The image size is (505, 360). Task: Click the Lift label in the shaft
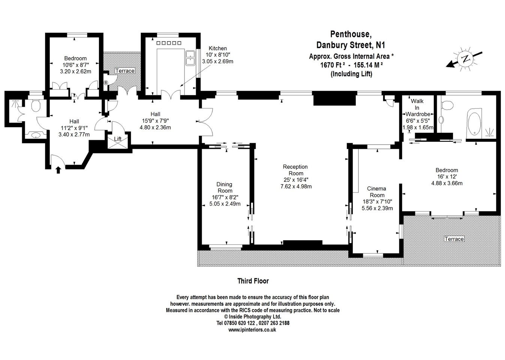tap(118, 139)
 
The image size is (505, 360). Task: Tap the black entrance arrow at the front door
tap(58, 170)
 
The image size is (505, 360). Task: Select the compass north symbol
tap(465, 59)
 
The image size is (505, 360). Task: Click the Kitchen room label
tap(217, 48)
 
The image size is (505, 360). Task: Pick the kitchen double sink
tap(190, 58)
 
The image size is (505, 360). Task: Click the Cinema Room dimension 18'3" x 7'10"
tap(378, 201)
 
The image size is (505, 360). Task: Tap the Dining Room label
tap(225, 187)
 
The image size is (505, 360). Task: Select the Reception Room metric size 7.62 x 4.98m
tap(296, 186)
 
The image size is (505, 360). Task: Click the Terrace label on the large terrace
tap(454, 239)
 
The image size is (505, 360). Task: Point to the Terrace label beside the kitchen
tap(125, 70)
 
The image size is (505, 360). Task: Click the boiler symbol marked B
tap(106, 83)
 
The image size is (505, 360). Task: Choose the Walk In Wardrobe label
tap(418, 108)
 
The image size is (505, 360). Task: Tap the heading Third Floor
tap(253, 281)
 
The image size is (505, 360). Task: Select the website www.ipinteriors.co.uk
tap(252, 330)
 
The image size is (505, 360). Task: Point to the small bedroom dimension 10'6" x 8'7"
tap(76, 65)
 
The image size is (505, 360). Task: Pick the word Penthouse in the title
tap(351, 34)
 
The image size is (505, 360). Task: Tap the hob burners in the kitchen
tap(169, 43)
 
